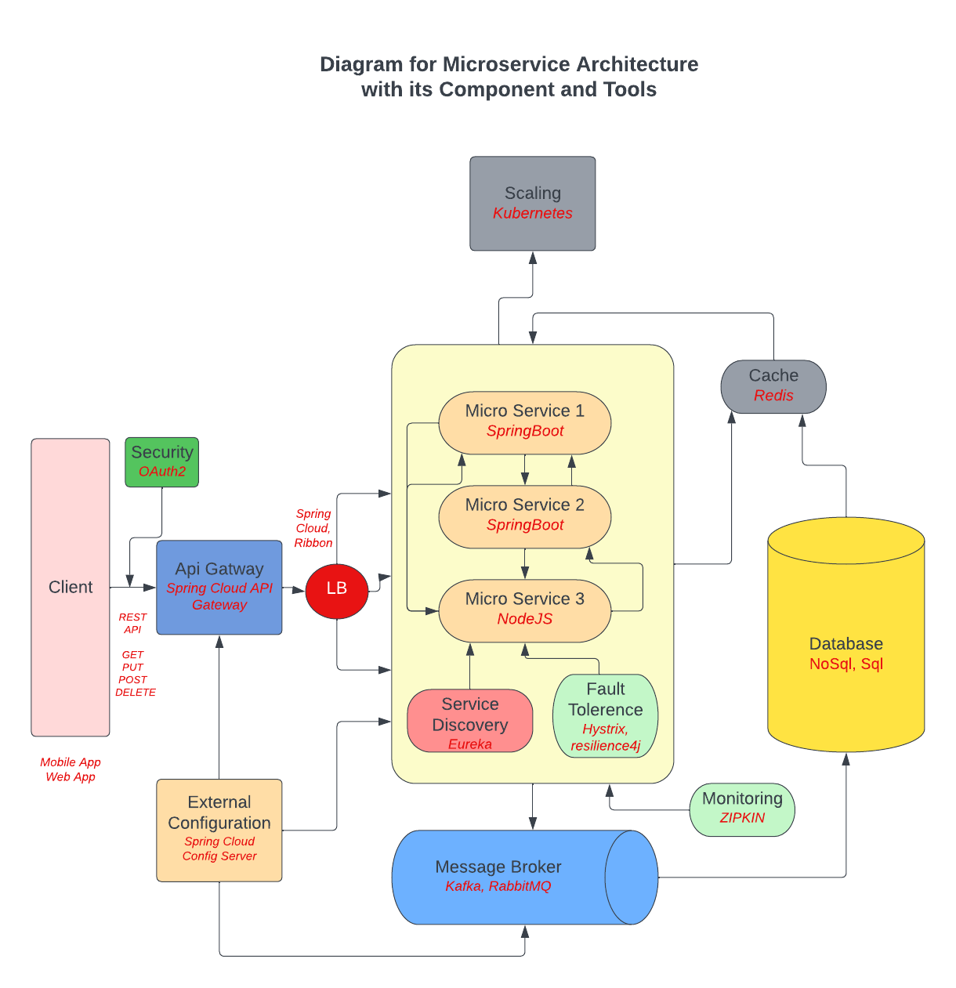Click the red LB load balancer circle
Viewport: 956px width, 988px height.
(x=336, y=588)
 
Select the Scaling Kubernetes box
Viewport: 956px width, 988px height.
(x=532, y=204)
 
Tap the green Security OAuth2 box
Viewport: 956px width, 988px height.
(x=161, y=462)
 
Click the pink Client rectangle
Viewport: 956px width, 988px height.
(x=71, y=588)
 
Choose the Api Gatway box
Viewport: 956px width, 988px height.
(x=219, y=587)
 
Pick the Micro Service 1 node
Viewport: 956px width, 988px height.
(x=524, y=422)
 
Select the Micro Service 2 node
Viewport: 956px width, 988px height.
(x=524, y=516)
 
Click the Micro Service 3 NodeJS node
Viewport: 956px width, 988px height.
(x=524, y=610)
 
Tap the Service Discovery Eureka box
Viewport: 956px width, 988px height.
(x=469, y=722)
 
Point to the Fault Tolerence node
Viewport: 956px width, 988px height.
(x=605, y=716)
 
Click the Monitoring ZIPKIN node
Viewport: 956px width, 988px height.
(x=742, y=809)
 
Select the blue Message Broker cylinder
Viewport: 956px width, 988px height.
(x=502, y=877)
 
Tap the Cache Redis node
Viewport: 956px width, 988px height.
(x=773, y=385)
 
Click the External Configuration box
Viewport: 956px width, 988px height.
(x=219, y=829)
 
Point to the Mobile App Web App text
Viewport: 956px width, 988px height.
(x=71, y=769)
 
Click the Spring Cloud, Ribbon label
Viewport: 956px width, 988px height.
(x=313, y=528)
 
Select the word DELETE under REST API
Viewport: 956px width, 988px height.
(x=136, y=693)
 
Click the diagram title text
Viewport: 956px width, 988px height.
(x=509, y=77)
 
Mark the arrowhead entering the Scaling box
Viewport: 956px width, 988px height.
(x=533, y=258)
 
